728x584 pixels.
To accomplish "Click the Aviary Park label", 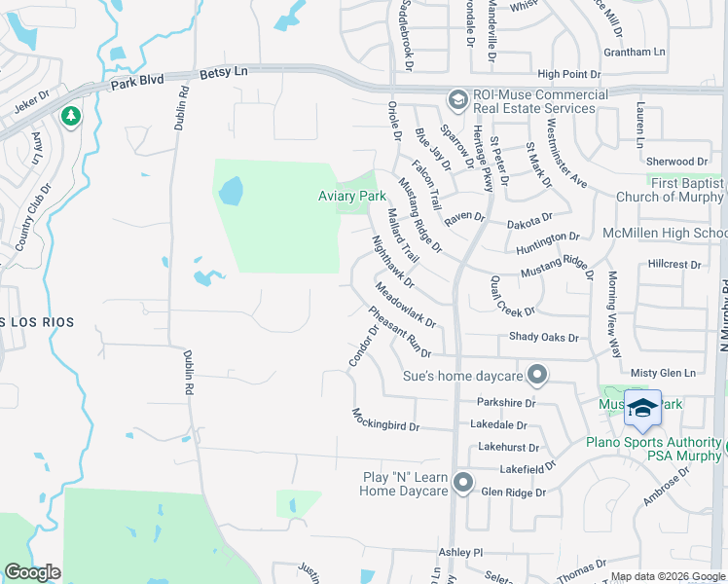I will coord(352,196).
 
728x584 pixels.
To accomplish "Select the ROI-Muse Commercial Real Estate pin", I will coord(456,99).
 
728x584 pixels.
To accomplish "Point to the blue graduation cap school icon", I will coord(641,409).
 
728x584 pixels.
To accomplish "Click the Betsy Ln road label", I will coord(224,72).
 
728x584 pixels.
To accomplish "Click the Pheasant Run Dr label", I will coord(399,332).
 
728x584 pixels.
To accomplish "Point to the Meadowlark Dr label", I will coord(405,304).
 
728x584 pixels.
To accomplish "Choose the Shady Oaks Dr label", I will coord(544,338).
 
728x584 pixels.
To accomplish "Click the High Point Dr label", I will coord(574,74).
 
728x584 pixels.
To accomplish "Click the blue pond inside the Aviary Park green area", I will coord(231,191).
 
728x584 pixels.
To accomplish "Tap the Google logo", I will coord(33,572).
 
